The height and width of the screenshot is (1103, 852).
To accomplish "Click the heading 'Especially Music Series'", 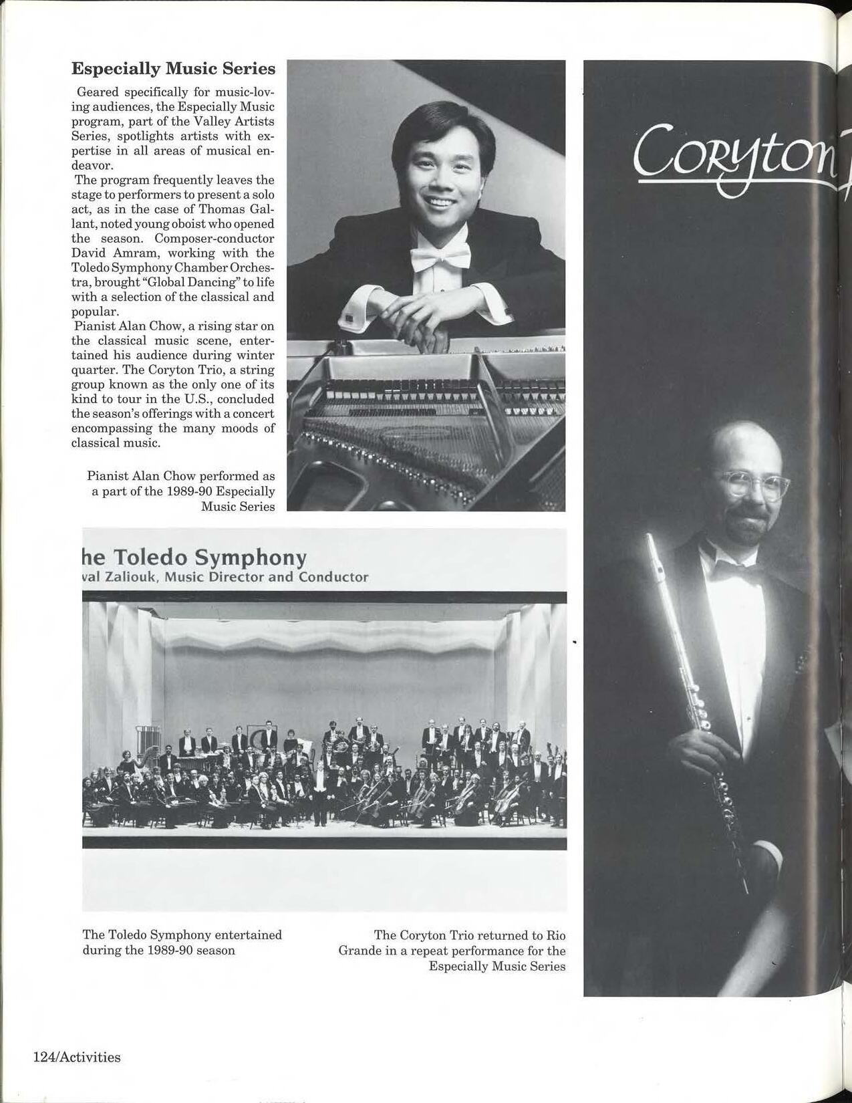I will pyautogui.click(x=173, y=69).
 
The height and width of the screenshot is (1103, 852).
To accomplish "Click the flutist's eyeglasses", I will pyautogui.click(x=752, y=483).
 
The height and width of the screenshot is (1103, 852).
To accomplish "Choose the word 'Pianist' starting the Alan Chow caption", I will pyautogui.click(x=108, y=476).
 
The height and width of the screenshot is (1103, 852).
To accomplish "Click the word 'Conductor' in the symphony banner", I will pyautogui.click(x=333, y=577).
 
